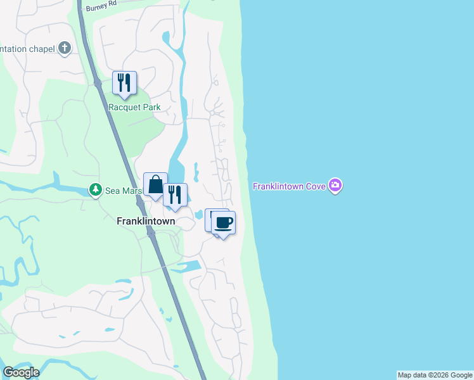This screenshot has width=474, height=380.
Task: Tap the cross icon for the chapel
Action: pos(65,48)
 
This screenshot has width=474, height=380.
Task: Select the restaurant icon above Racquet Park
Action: pos(124,82)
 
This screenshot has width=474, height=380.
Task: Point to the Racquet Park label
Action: pos(134,107)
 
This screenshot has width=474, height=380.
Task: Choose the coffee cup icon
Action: pos(224,222)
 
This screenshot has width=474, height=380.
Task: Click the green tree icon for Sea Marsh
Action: pos(95,189)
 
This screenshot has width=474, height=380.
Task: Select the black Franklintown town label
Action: pos(146,222)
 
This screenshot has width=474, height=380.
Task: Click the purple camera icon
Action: pos(336,186)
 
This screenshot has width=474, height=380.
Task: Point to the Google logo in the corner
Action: pos(21,372)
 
